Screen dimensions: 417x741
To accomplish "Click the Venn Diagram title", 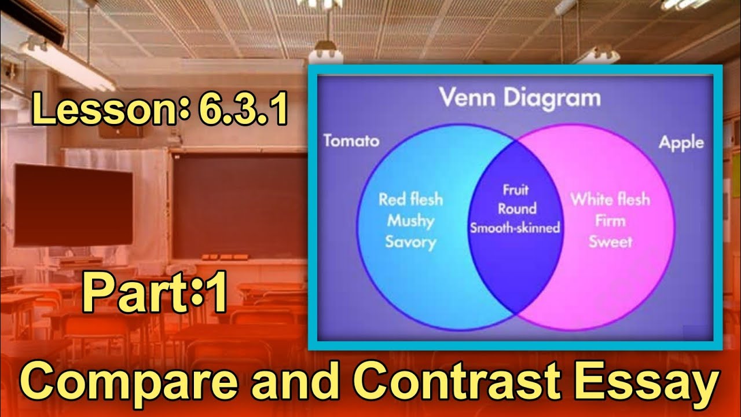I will pyautogui.click(x=519, y=98).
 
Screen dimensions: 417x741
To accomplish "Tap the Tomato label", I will pyautogui.click(x=351, y=141).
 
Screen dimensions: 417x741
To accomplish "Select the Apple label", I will pyautogui.click(x=681, y=142).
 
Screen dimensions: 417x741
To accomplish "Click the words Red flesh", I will pyautogui.click(x=410, y=200).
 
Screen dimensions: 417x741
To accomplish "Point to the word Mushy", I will pyautogui.click(x=410, y=221).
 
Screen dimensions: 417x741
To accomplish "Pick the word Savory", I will pyautogui.click(x=410, y=242).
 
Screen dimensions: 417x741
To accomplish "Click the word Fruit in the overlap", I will pyautogui.click(x=515, y=190).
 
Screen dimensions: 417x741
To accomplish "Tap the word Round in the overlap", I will pyautogui.click(x=517, y=209).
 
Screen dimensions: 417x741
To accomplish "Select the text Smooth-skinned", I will pyautogui.click(x=515, y=228).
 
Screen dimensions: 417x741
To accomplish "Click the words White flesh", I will pyautogui.click(x=610, y=200).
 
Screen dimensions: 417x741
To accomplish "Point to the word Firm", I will pyautogui.click(x=610, y=221).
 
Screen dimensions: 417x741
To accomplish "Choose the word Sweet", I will pyautogui.click(x=610, y=242).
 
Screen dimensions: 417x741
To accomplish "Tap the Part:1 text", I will pyautogui.click(x=155, y=295).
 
